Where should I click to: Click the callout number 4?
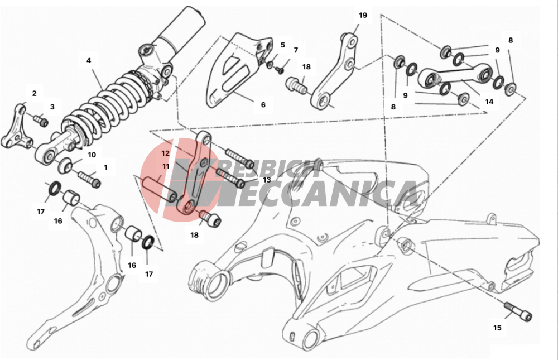pyautogui.click(x=89, y=60)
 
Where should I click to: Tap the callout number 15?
pyautogui.click(x=497, y=328)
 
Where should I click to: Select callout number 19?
pyautogui.click(x=363, y=15)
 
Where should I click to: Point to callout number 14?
pyautogui.click(x=489, y=102)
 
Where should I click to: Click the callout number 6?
pyautogui.click(x=263, y=105)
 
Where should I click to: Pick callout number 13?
pyautogui.click(x=267, y=180)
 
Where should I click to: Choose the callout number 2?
pyautogui.click(x=34, y=94)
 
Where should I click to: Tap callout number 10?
pyautogui.click(x=92, y=155)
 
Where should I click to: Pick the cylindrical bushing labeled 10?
pyautogui.click(x=65, y=165)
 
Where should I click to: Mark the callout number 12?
pyautogui.click(x=166, y=153)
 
